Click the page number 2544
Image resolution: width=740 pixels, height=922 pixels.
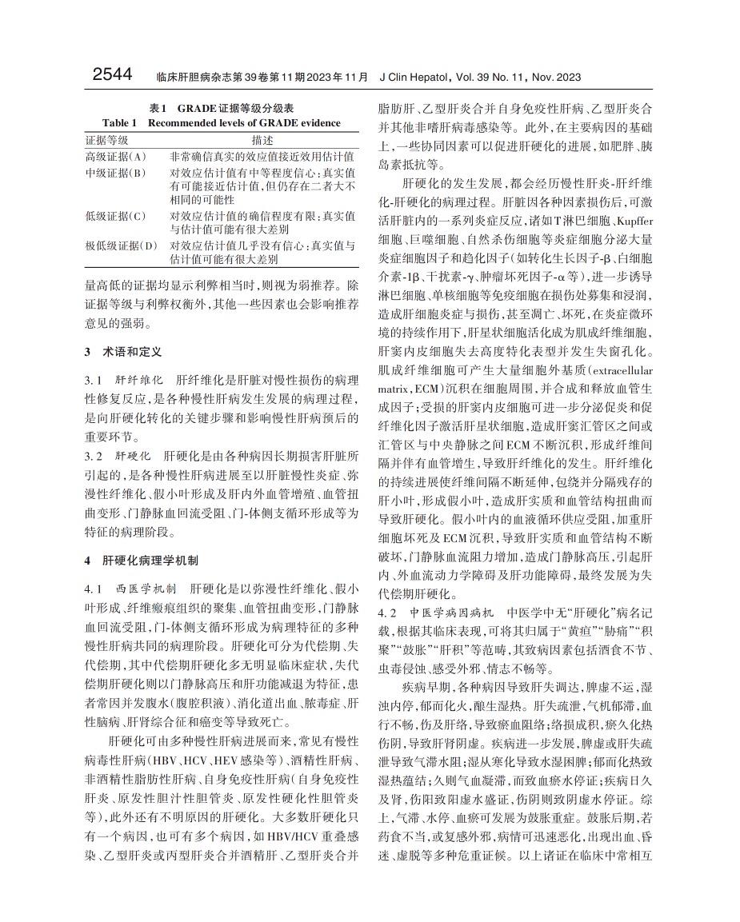112,75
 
